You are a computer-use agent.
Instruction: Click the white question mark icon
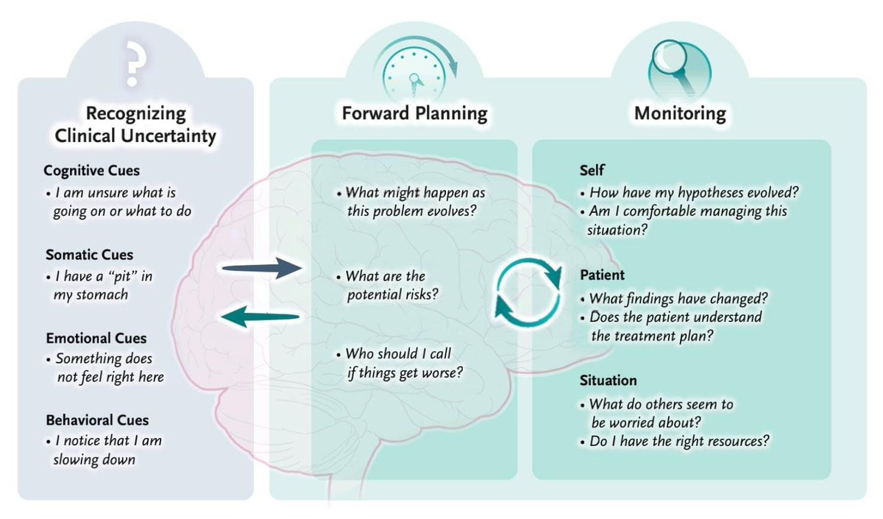point(133,63)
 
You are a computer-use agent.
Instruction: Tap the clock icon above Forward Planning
point(416,71)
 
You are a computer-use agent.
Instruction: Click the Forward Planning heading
point(414,113)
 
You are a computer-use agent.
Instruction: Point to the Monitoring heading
point(680,113)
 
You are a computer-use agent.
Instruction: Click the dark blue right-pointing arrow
point(258,269)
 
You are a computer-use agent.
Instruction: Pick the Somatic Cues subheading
point(89,255)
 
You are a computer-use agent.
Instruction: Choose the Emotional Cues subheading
point(96,339)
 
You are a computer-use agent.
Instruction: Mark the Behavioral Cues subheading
point(97,420)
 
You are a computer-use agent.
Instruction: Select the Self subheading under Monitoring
point(592,171)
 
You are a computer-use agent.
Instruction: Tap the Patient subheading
point(602,275)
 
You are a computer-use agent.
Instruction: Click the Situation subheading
point(608,381)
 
